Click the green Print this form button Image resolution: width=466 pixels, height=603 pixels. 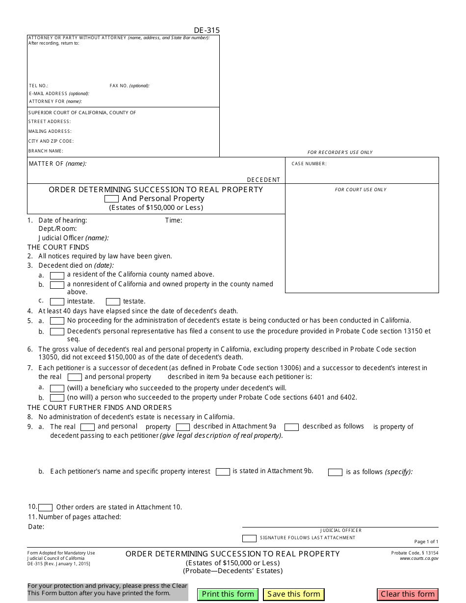[x=228, y=594]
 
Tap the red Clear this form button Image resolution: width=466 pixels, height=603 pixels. [x=408, y=594]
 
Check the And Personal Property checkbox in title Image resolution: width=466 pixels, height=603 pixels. [x=111, y=199]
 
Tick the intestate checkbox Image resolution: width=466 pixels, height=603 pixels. [x=57, y=301]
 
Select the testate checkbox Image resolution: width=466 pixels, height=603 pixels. [x=113, y=301]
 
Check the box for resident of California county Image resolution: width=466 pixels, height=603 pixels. [x=57, y=276]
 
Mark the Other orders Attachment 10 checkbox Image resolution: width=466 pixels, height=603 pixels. [x=45, y=507]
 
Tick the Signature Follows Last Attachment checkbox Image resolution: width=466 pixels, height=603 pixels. [x=249, y=538]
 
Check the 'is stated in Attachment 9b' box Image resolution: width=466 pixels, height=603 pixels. [x=223, y=472]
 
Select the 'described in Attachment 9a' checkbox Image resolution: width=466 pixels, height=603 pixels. [x=182, y=427]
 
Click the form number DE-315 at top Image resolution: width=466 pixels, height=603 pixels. [x=207, y=30]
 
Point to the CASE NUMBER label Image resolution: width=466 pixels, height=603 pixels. [x=309, y=164]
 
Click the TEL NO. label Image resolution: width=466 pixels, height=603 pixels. [x=38, y=86]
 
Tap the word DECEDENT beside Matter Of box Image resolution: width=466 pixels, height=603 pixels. [x=263, y=180]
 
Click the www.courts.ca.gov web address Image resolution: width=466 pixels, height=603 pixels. [x=419, y=558]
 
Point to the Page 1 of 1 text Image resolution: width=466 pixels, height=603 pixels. [x=426, y=542]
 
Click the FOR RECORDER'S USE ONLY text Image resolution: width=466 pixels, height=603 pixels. [x=340, y=152]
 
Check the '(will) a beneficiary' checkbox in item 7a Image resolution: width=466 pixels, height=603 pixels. [x=57, y=388]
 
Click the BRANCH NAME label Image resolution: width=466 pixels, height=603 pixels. [x=46, y=151]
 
